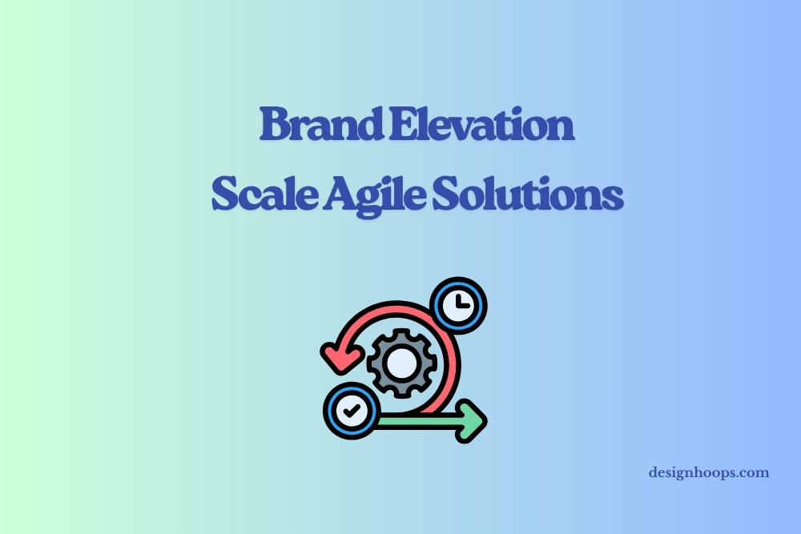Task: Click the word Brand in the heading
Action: (321, 123)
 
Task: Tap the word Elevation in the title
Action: (481, 123)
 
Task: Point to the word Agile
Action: (374, 196)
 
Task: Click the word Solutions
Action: (528, 194)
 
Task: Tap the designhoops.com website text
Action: (709, 473)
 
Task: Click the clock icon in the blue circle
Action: (459, 305)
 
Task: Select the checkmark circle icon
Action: (352, 411)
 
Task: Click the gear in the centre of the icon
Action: (401, 363)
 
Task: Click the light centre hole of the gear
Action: (401, 363)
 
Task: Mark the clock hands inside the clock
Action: (461, 302)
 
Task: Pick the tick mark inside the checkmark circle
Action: (352, 410)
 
